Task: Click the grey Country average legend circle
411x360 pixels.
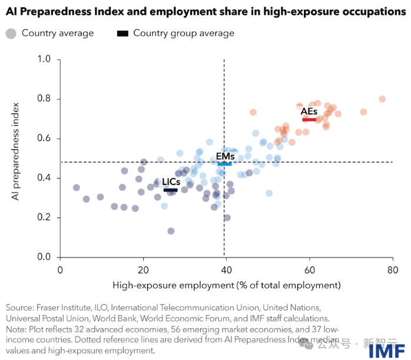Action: coord(11,34)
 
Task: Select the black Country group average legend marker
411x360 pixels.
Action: coord(122,34)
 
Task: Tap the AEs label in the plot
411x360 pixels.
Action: coord(309,111)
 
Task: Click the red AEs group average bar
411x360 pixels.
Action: coord(309,120)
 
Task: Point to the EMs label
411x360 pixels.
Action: coord(225,156)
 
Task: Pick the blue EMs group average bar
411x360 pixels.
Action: coord(224,164)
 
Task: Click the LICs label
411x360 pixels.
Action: coord(171,182)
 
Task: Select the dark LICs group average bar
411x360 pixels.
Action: coord(170,190)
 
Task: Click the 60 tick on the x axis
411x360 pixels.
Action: coord(308,269)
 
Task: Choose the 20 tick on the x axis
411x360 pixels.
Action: coord(142,269)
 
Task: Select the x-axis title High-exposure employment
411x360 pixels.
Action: coord(227,286)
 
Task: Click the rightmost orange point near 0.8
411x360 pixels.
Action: coord(382,99)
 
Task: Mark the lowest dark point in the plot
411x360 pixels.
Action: coord(171,231)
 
